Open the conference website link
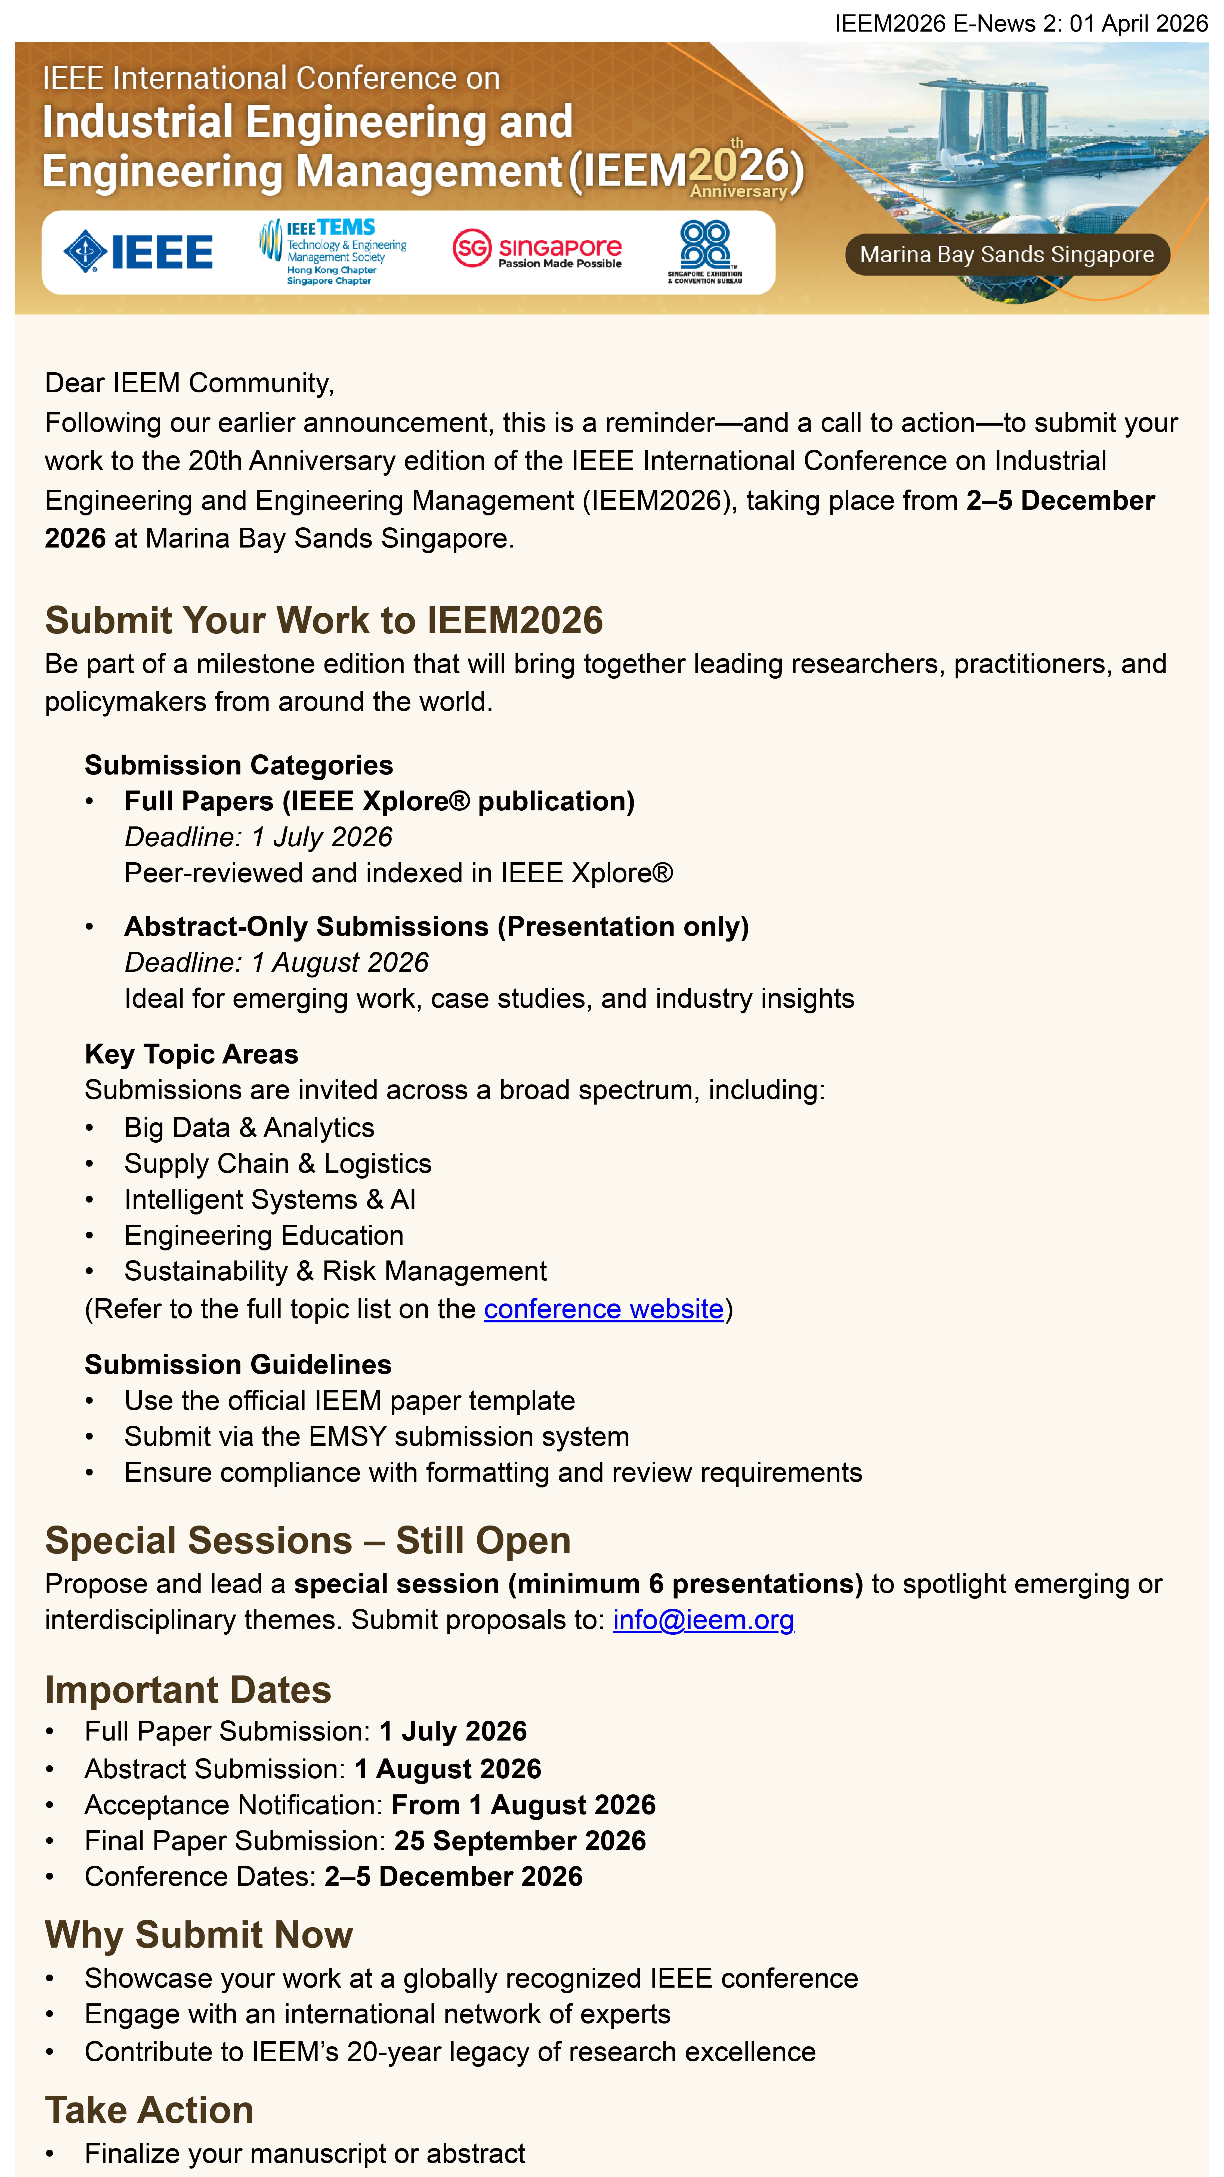603,1309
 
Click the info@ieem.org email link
703,1620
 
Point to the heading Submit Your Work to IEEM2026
323,620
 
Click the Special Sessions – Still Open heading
307,1540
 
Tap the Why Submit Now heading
199,1935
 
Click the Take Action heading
150,2110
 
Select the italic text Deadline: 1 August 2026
276,963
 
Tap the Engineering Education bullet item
264,1235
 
